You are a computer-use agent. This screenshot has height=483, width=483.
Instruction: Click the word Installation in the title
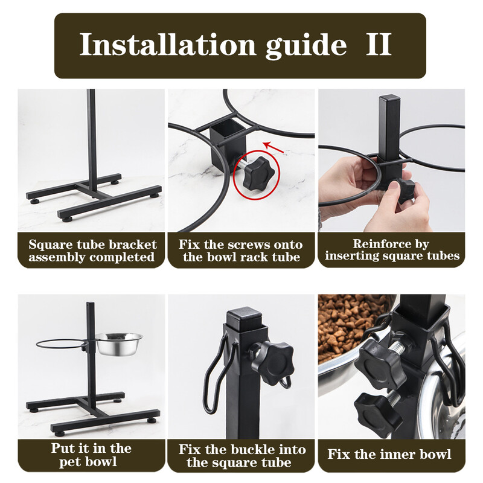click(x=168, y=45)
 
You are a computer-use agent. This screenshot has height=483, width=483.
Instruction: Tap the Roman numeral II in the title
click(x=379, y=44)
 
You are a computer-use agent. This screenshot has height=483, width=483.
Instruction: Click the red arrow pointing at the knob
click(x=273, y=147)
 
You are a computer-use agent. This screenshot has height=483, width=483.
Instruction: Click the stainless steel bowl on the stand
click(x=119, y=344)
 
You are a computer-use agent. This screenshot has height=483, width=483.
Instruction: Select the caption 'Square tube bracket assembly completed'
click(x=92, y=251)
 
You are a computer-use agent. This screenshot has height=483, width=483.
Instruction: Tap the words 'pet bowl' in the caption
click(x=88, y=462)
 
